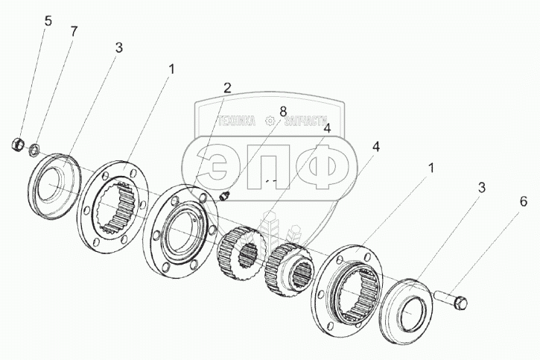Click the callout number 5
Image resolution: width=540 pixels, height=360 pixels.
(48, 21)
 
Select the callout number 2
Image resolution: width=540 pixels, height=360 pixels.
(227, 87)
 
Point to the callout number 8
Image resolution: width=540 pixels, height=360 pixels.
(282, 112)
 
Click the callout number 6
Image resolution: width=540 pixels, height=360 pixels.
(524, 201)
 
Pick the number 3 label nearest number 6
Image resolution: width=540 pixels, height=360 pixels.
(481, 188)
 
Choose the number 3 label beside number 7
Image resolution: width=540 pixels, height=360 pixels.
(118, 48)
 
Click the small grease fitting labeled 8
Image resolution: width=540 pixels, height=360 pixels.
(226, 195)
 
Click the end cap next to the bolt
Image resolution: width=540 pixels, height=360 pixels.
(407, 310)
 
